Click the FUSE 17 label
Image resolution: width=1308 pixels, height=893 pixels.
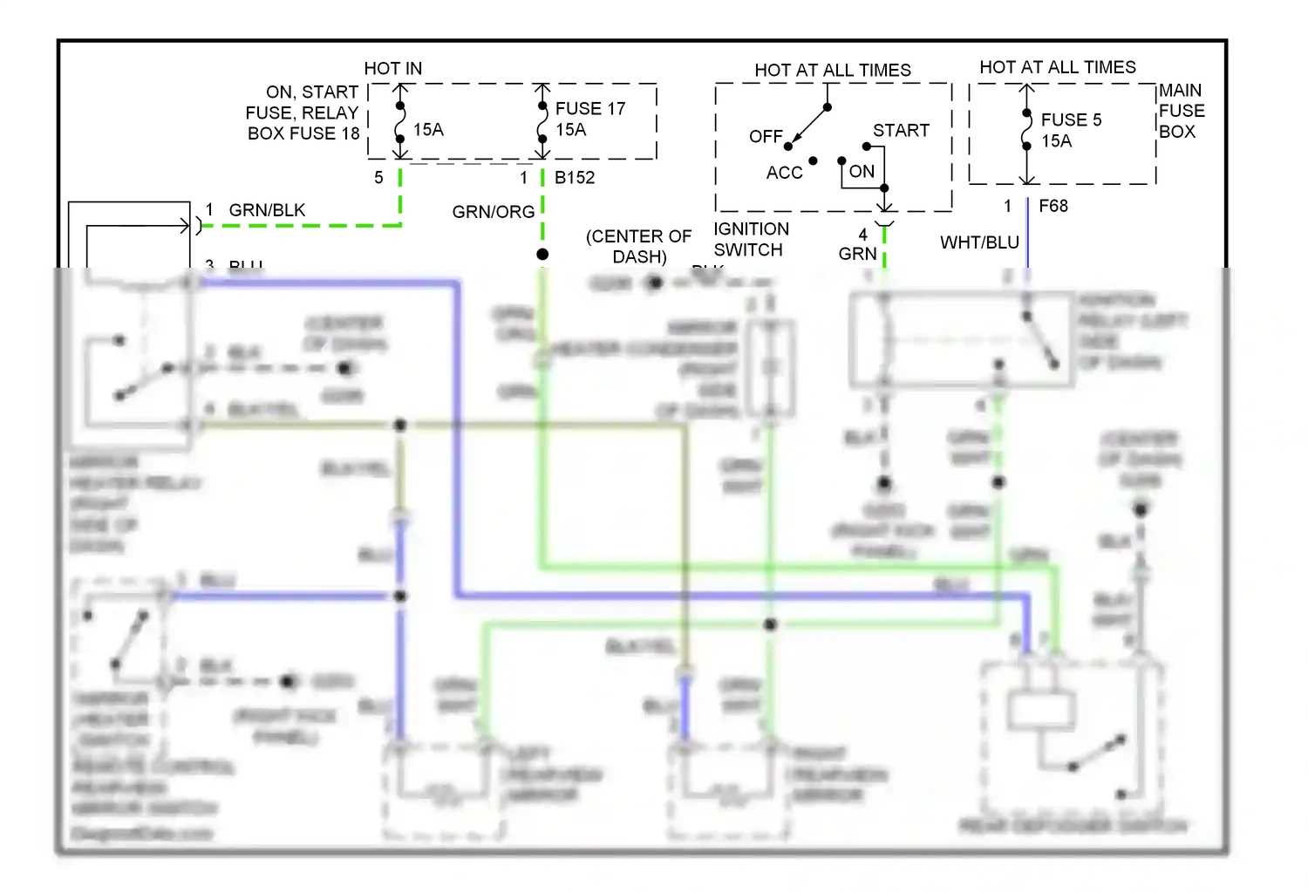[590, 108]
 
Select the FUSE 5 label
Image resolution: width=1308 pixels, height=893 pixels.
[1071, 119]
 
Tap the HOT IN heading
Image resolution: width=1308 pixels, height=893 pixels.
[392, 68]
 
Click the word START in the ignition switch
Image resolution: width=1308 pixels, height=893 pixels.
[901, 130]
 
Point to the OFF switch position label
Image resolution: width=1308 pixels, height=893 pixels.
[765, 137]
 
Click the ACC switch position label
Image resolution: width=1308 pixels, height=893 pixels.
[784, 173]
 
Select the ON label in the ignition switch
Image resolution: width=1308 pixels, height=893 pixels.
[862, 171]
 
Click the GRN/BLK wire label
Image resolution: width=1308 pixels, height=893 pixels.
[267, 210]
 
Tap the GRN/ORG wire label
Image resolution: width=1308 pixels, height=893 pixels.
[493, 212]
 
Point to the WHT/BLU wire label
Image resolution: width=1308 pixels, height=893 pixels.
[979, 242]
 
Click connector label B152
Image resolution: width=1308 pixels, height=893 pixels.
[574, 177]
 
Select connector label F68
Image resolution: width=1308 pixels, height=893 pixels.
[1053, 206]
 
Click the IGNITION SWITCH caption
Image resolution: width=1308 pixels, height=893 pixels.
[751, 239]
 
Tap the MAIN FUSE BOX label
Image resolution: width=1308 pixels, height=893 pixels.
[1181, 111]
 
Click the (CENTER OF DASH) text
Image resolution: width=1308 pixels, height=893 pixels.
[638, 246]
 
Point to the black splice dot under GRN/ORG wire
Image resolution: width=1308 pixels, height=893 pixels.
[542, 254]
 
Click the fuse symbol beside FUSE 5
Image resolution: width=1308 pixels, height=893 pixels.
[1027, 131]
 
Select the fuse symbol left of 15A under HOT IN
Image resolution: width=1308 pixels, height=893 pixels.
[400, 123]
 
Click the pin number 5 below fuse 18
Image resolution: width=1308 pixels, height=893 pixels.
[378, 177]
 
